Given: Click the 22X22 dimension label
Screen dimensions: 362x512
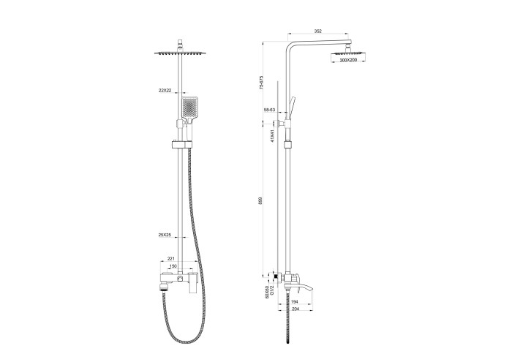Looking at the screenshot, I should [x=165, y=90].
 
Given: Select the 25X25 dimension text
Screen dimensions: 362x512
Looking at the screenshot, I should [x=165, y=235].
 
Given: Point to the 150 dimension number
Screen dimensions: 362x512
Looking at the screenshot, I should [x=174, y=267].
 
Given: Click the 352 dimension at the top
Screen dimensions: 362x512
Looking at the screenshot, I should [x=317, y=31].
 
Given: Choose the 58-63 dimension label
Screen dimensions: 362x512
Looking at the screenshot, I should [x=269, y=110].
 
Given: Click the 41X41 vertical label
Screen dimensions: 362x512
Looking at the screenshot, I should [x=272, y=137].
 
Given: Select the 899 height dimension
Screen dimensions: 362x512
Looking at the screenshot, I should [x=262, y=200].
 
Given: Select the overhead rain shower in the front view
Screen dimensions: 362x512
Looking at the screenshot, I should [x=179, y=53].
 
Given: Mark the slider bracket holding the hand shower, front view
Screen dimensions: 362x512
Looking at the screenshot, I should [x=179, y=143].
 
